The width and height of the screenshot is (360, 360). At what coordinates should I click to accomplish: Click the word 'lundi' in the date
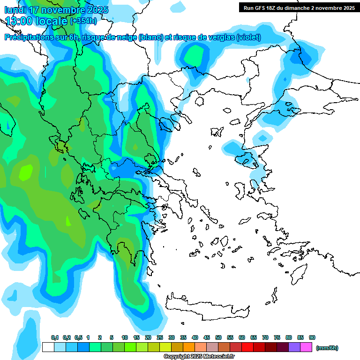[x=16, y=10]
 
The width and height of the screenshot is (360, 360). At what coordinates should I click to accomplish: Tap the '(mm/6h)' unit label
[x=327, y=348]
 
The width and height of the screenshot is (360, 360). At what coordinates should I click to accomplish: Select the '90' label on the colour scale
[x=312, y=337]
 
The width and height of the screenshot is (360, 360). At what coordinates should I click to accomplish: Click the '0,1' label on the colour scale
[x=54, y=337]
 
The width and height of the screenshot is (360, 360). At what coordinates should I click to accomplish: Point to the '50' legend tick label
[x=218, y=337]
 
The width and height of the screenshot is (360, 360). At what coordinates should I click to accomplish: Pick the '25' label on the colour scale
[x=160, y=337]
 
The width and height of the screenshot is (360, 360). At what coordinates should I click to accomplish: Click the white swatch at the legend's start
[x=48, y=347]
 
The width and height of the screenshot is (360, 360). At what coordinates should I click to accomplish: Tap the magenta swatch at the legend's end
[x=306, y=347]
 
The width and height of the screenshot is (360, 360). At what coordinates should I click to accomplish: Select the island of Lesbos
[x=248, y=160]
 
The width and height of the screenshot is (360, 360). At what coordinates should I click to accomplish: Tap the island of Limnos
[x=217, y=132]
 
